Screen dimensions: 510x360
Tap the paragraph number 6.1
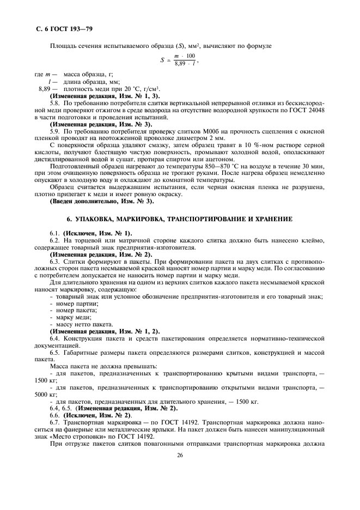coord(55,233)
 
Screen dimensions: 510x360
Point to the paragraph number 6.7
coord(55,422)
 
